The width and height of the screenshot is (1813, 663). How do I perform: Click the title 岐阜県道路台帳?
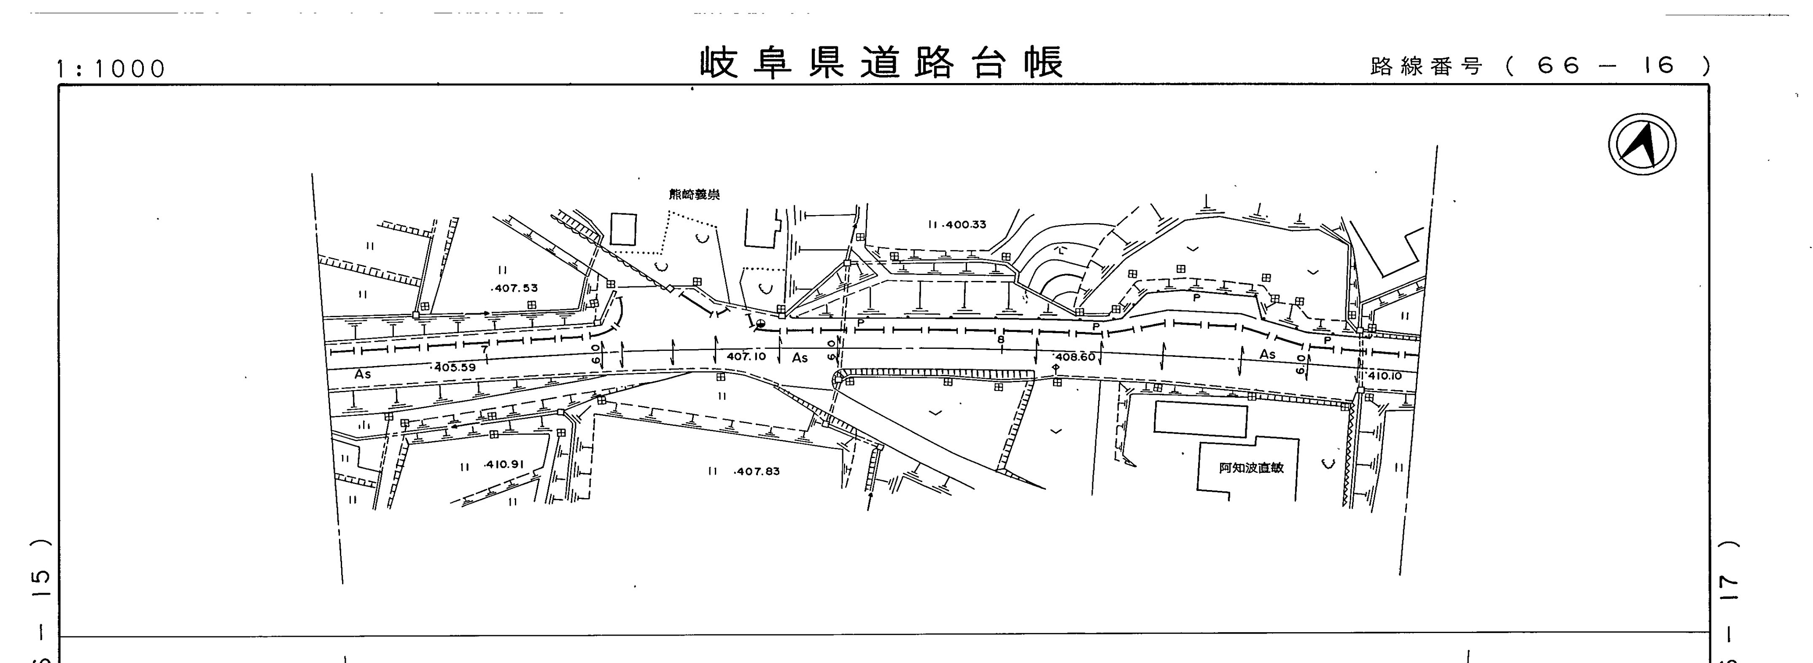point(881,63)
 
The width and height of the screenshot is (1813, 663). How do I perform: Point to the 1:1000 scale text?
point(111,69)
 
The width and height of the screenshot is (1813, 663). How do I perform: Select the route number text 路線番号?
point(1427,66)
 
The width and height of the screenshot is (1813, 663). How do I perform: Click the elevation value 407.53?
point(515,288)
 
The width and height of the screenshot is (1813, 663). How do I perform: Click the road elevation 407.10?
point(746,357)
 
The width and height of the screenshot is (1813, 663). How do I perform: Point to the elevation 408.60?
point(1075,357)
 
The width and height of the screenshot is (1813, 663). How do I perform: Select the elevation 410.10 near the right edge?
point(1385,376)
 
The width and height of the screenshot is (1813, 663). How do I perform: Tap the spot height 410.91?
point(504,464)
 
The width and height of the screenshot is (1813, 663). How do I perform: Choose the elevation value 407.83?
point(757,472)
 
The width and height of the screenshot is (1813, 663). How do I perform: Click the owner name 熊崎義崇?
point(694,195)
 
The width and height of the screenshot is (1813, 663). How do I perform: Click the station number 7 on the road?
point(484,350)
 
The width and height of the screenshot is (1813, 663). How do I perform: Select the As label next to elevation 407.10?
point(800,358)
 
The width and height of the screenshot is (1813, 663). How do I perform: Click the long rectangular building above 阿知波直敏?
point(1200,420)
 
